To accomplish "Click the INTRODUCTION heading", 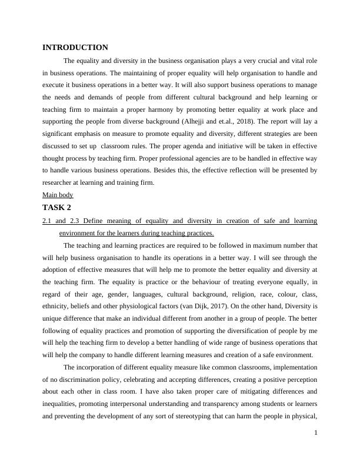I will coord(75,48).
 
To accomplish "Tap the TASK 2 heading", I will coord(58,208).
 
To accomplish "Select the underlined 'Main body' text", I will coord(58,195).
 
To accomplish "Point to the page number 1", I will coord(316,433).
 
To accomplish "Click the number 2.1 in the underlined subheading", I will coord(48,221).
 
